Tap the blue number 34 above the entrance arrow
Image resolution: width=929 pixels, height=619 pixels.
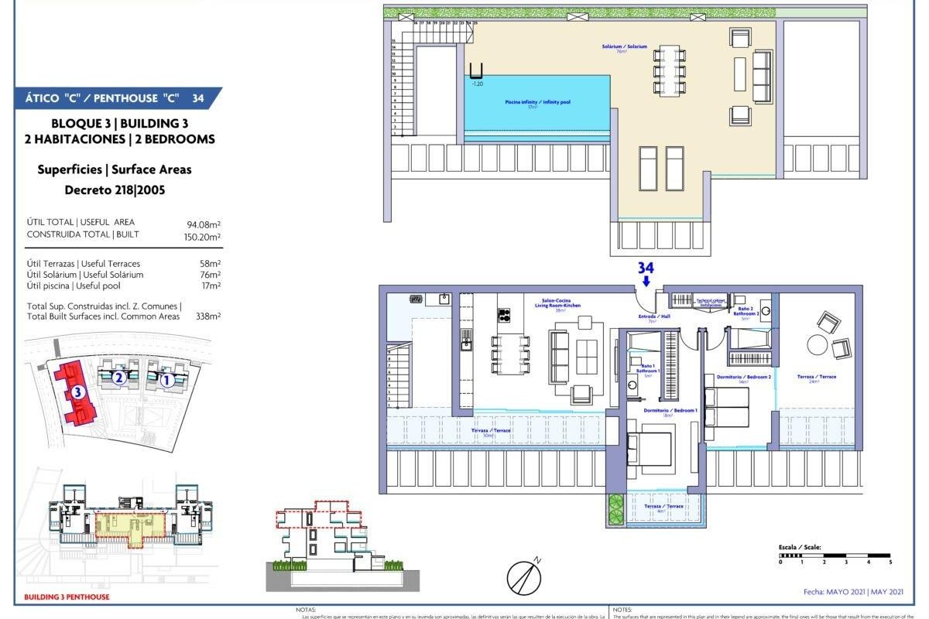coord(646,268)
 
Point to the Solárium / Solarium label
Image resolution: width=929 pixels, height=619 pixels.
coord(624,48)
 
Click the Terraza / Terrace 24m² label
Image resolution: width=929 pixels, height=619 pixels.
coord(817,378)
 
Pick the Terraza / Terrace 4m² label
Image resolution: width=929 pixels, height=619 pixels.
coord(664,508)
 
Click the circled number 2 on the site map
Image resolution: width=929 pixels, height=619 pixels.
coord(118,378)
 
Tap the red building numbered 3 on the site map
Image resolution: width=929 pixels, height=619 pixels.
coord(77,393)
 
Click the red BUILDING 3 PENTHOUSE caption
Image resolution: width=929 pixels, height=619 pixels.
coord(67,597)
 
